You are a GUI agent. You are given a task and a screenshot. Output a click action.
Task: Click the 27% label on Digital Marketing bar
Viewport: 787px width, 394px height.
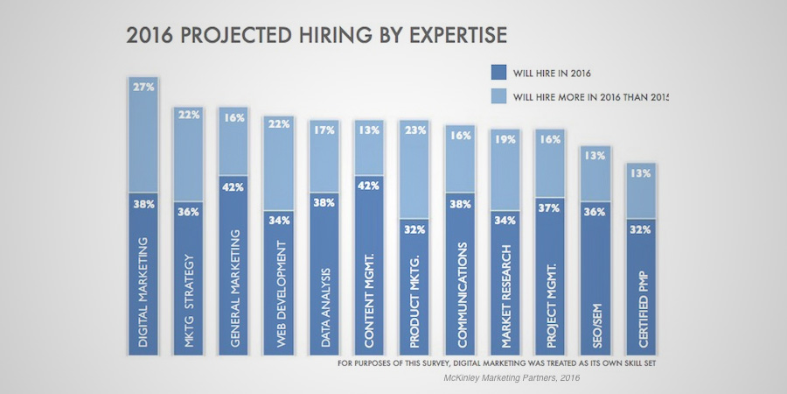click(143, 88)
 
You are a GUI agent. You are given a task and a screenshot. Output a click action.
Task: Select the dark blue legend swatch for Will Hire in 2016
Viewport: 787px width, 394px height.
click(500, 73)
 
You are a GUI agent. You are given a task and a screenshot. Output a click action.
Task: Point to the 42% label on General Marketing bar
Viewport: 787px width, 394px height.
click(233, 186)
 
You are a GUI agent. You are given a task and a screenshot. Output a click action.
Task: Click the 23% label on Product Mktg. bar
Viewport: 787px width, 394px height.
click(414, 130)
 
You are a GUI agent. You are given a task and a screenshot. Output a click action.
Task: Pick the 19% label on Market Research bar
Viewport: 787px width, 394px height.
click(505, 139)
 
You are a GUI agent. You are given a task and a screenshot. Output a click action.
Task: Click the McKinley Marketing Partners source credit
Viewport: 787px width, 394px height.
click(511, 377)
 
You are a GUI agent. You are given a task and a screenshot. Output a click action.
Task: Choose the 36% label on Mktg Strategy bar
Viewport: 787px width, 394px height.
click(189, 211)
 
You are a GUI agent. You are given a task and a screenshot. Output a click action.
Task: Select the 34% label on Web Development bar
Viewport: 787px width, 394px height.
click(279, 220)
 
